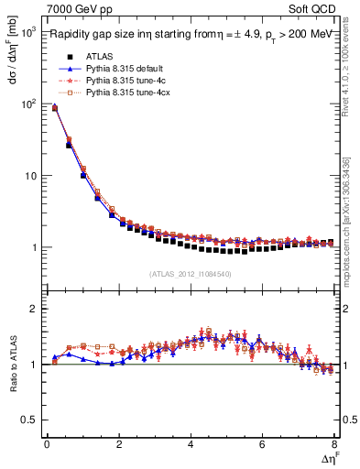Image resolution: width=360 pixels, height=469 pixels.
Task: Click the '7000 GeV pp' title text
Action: [80, 10]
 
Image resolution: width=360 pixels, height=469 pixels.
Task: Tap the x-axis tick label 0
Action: [47, 444]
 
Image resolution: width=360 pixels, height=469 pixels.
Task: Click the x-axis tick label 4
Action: [191, 444]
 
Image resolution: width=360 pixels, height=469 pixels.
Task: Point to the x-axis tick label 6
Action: [263, 444]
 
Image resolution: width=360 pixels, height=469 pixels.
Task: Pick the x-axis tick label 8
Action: [334, 444]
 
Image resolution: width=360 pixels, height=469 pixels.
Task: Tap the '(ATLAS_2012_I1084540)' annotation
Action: [191, 273]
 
